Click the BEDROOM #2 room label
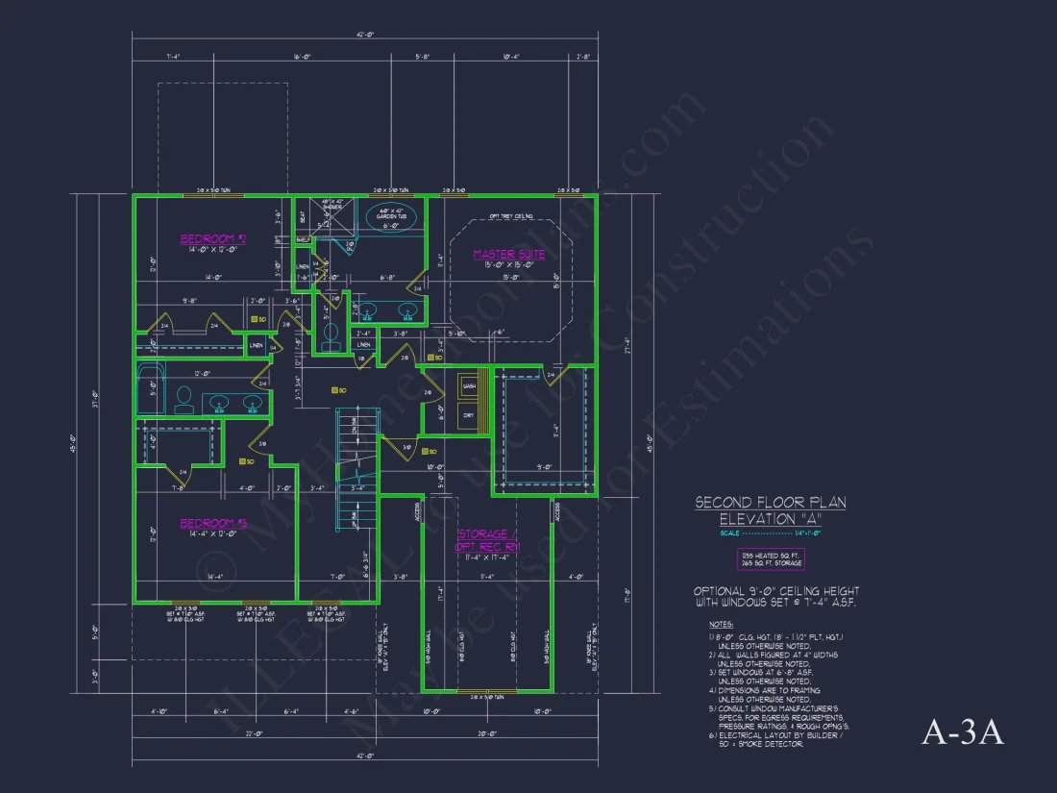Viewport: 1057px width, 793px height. [x=212, y=238]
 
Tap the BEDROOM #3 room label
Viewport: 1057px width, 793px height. [x=212, y=524]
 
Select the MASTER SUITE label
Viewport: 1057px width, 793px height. [x=508, y=255]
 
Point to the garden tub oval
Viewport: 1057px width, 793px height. [x=392, y=214]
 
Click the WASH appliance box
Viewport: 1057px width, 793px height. [x=469, y=385]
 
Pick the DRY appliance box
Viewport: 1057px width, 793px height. [x=469, y=416]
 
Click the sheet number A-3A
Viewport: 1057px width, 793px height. [x=962, y=732]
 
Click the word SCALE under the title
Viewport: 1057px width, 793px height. [x=730, y=533]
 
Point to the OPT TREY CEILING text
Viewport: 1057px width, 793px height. [x=510, y=216]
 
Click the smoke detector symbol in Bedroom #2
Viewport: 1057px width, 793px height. [x=257, y=319]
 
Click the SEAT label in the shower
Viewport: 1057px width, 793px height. [x=302, y=216]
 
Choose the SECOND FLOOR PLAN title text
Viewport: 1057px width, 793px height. [x=770, y=503]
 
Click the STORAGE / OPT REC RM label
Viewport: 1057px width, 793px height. [x=487, y=540]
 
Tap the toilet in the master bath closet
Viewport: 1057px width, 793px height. [x=330, y=334]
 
